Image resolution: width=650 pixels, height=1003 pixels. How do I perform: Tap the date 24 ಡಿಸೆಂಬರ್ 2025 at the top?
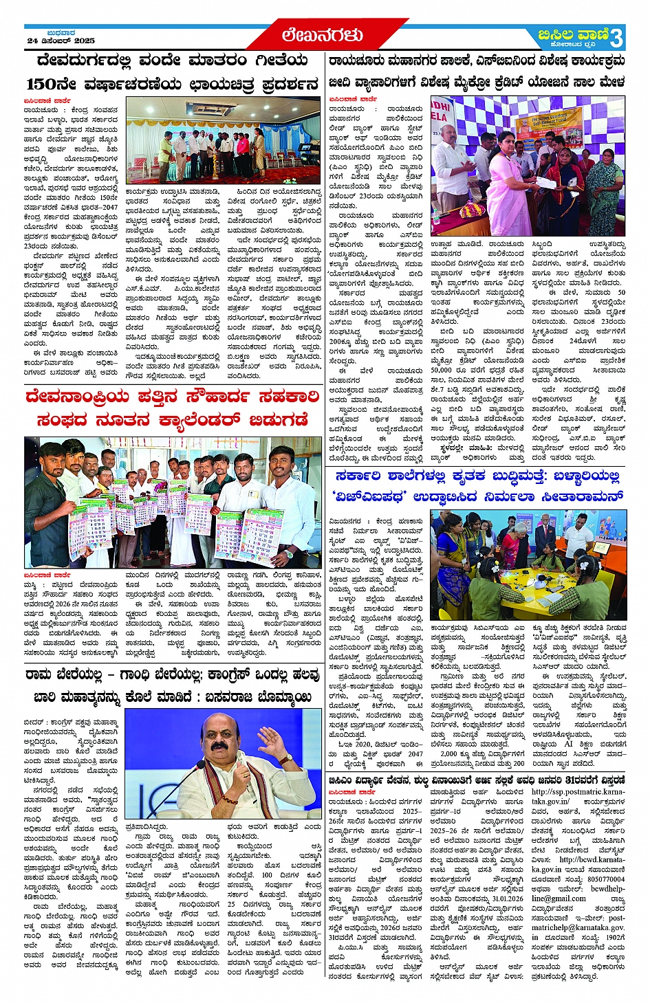pos(61,41)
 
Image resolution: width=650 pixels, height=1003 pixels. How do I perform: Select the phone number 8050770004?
pos(606,879)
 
